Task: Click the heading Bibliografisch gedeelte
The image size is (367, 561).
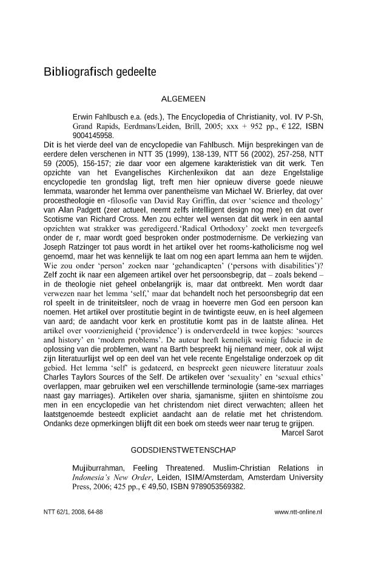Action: point(100,72)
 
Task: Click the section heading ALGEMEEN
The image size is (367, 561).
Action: point(184,99)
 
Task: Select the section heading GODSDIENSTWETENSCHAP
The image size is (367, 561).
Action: point(184,450)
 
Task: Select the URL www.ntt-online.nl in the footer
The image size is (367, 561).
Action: point(298,511)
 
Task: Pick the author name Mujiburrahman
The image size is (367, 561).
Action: point(98,468)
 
